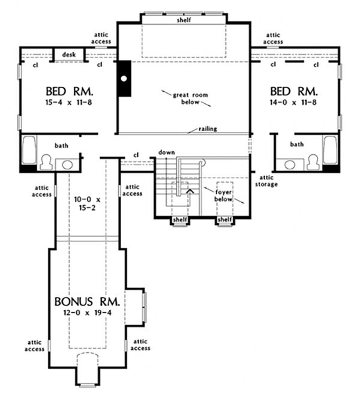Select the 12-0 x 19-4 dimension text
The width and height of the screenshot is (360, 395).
click(x=86, y=312)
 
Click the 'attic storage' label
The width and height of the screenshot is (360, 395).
click(x=268, y=181)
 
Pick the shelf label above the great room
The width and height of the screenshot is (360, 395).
click(x=183, y=20)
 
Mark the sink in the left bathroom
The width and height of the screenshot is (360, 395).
click(x=67, y=163)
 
